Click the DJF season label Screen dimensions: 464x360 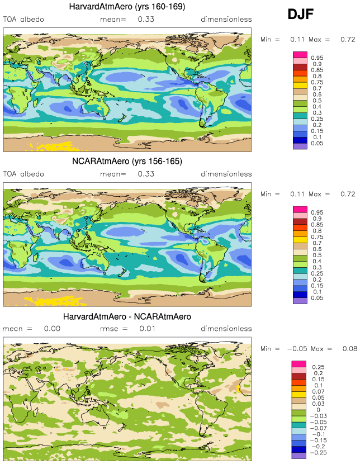point(304,15)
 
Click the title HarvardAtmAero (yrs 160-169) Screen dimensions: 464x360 point(128,7)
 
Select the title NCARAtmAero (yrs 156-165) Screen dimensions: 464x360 point(128,162)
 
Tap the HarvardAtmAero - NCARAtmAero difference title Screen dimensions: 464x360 point(127,316)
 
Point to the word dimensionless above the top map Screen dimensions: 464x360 point(226,20)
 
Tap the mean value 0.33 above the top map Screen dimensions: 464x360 point(146,20)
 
